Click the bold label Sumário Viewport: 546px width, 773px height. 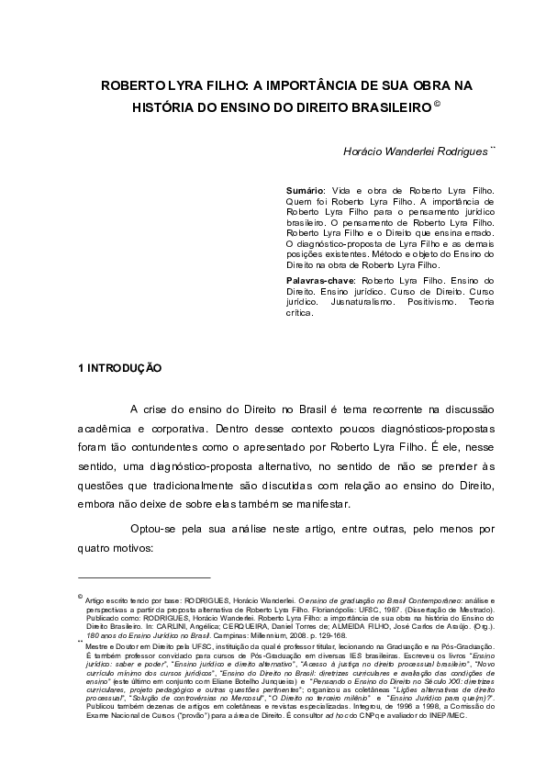[x=306, y=188]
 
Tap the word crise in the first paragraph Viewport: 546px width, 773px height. [x=158, y=409]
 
